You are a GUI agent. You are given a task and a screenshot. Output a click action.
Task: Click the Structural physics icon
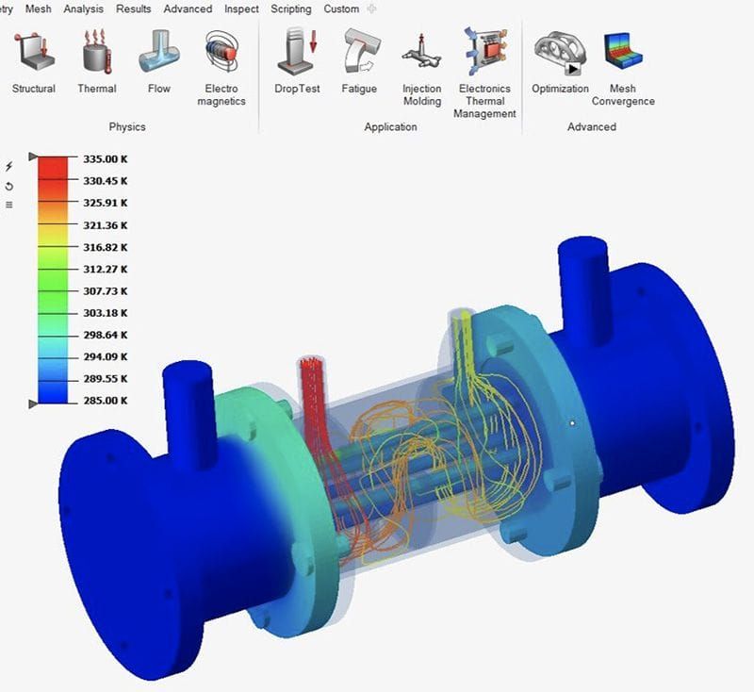pos(33,51)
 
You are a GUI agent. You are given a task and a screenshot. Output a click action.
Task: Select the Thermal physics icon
pos(96,51)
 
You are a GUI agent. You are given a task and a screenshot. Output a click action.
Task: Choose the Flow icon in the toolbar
pos(159,51)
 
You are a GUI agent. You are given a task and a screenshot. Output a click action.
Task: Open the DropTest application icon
pos(298,51)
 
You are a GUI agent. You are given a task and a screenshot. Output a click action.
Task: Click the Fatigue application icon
pos(359,51)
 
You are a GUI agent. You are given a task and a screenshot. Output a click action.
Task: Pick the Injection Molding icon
pos(421,51)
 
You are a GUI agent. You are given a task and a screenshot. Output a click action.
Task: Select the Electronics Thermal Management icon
pos(484,51)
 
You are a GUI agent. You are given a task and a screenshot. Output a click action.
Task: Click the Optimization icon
pos(559,51)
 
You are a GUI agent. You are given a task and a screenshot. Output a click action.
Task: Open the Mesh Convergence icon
pos(623,51)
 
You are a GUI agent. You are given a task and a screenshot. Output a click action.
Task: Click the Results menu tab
pos(134,8)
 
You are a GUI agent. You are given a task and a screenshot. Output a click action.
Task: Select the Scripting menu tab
pos(291,8)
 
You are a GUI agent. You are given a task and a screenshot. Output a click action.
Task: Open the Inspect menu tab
pos(241,8)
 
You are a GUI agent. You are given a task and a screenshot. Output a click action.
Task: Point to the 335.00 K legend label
pos(105,158)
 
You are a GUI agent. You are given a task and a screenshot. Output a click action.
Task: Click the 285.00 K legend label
pos(105,401)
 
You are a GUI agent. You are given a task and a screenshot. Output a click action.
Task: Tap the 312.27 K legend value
pos(105,269)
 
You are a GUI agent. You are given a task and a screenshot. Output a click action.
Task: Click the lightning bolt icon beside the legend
pos(9,166)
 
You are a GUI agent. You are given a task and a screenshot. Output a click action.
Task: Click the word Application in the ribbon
pos(390,126)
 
